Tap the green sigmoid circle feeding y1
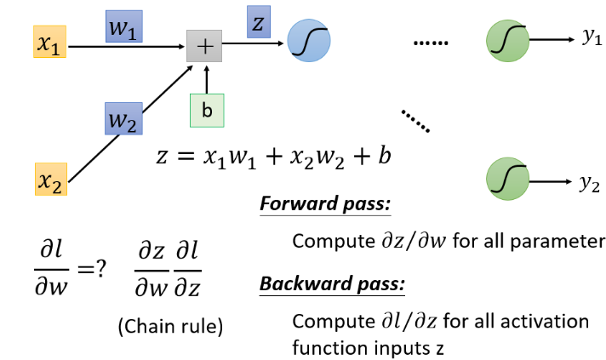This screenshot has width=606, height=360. [505, 39]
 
